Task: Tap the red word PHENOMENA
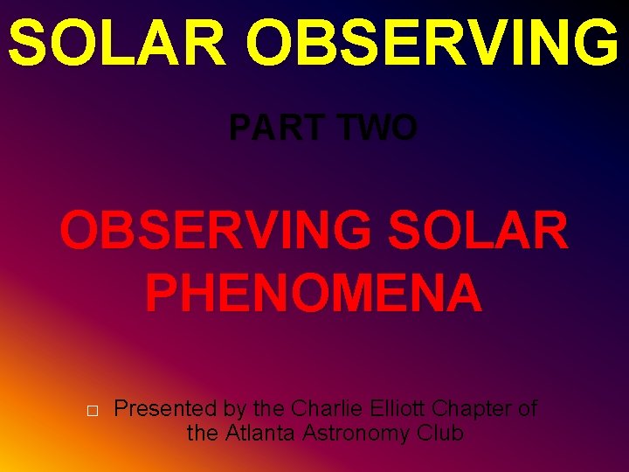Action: [314, 293]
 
